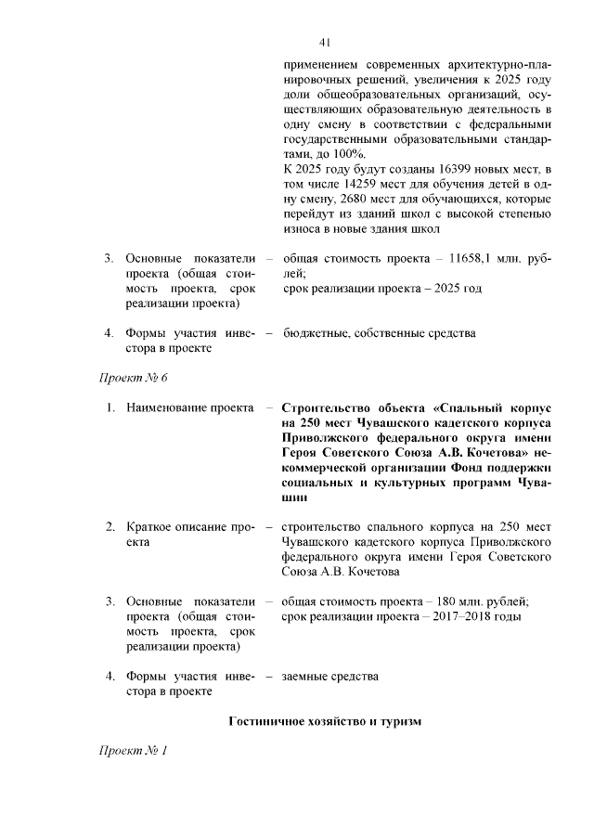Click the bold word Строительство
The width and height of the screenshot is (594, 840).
(x=326, y=407)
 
